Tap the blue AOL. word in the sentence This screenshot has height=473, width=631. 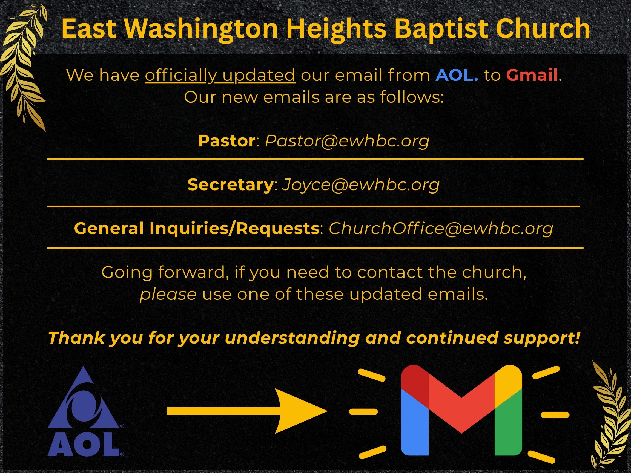457,75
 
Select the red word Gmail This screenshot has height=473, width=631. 532,75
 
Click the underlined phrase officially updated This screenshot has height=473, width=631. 220,75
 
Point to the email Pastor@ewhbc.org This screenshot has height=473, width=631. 347,141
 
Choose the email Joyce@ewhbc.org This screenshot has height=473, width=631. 361,184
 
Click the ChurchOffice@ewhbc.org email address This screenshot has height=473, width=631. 441,228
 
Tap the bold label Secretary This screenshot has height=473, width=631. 231,184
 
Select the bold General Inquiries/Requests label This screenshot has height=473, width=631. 197,228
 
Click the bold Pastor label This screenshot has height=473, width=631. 227,141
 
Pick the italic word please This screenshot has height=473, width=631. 168,294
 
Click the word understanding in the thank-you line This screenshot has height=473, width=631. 292,338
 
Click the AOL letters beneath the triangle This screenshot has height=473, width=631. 83,445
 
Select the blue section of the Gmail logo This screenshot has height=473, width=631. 414,428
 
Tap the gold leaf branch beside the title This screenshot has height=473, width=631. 24,66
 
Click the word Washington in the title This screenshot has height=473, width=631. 200,28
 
